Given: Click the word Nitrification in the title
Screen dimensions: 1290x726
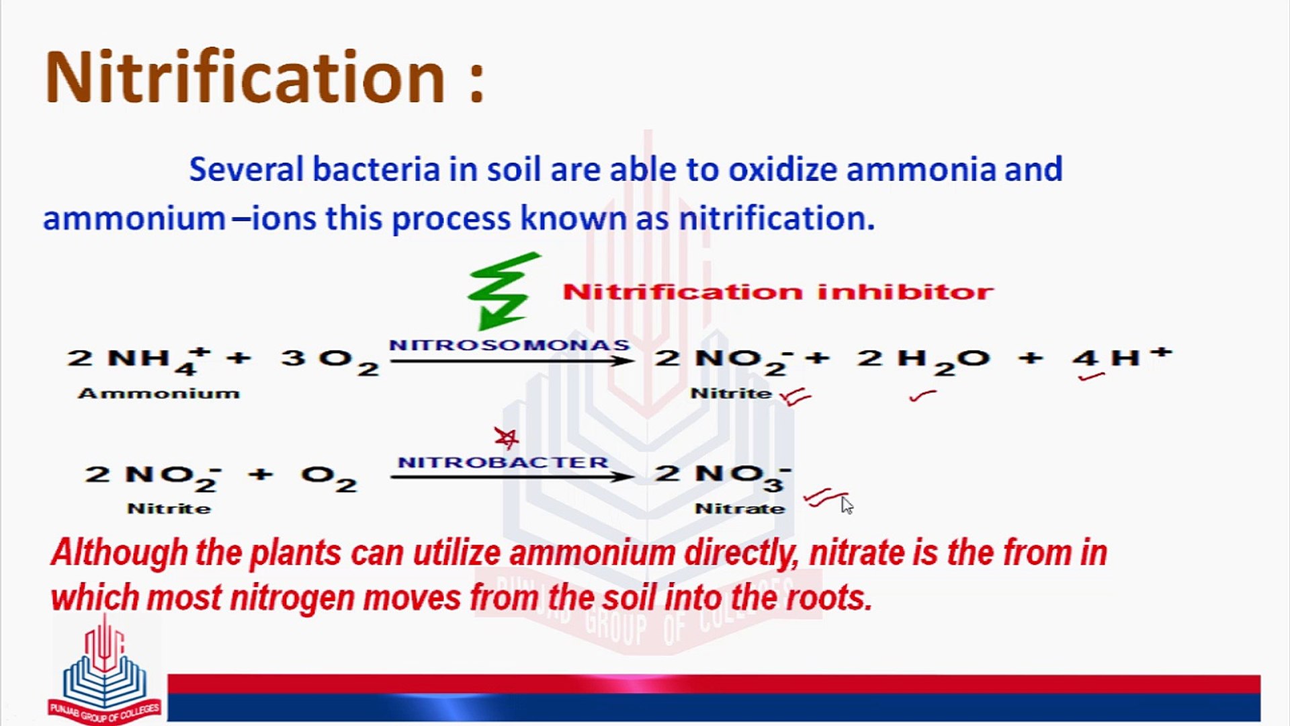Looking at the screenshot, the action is coord(245,77).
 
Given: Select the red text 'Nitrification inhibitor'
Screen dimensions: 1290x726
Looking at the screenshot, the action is coord(778,292).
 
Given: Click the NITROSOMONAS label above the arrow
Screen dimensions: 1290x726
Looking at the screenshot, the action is coord(509,345).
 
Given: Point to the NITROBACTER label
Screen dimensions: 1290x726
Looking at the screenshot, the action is coord(503,462).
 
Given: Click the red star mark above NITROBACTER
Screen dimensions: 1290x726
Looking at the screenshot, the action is coord(507,438).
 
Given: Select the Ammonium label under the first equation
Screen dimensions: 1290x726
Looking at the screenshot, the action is coord(159,393).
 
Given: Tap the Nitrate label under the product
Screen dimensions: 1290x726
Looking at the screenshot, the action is coord(740,509).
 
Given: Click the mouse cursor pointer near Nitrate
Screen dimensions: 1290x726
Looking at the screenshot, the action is coord(847,505).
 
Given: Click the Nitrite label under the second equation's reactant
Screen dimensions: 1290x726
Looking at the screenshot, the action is coord(169,509).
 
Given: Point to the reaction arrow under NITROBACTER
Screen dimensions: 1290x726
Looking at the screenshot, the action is coord(512,477).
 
